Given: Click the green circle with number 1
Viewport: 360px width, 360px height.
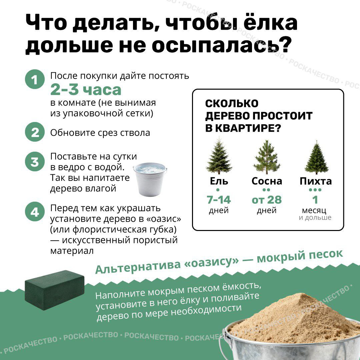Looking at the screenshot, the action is click(35, 79).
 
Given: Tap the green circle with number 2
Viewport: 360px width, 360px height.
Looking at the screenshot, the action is click(35, 132).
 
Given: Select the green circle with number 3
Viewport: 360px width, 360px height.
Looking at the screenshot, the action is click(35, 161).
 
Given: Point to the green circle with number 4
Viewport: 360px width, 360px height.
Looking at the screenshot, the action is click(35, 211).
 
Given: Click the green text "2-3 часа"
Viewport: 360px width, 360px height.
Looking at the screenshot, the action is click(86, 90).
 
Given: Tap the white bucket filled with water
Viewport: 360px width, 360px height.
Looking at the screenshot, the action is click(150, 179).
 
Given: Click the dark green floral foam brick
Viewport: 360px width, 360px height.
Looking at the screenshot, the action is click(55, 290).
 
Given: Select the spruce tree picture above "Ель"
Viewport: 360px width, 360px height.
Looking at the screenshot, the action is click(219, 155).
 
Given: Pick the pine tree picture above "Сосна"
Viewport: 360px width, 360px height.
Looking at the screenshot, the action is click(267, 157).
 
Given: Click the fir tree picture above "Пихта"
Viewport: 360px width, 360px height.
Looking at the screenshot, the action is click(317, 157).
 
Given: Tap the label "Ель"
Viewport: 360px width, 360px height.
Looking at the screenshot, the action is click(219, 181).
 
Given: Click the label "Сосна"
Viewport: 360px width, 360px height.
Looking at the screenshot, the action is click(267, 181).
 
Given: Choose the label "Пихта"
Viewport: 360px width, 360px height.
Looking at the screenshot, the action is click(316, 181).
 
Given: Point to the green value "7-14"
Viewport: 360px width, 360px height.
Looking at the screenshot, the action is click(219, 200).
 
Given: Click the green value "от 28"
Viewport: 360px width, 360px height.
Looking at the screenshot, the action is click(267, 200).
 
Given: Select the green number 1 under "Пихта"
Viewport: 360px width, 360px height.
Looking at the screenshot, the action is click(315, 200).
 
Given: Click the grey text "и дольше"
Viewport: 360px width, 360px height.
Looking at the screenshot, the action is click(315, 217).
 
